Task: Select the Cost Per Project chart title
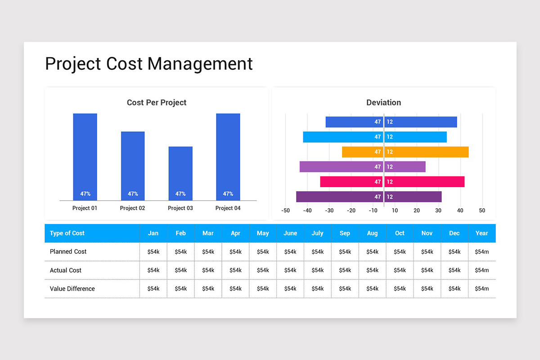tap(156, 103)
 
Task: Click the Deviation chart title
tap(383, 103)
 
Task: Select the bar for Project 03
tap(180, 173)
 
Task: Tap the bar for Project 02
tap(133, 166)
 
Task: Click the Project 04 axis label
tap(228, 208)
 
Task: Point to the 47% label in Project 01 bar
tap(85, 194)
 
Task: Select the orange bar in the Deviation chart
tap(405, 152)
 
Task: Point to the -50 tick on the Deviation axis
tap(285, 211)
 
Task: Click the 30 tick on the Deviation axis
tap(438, 211)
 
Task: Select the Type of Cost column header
tap(67, 233)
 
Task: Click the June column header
tap(290, 233)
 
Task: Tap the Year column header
tap(481, 233)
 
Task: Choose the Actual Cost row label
tap(66, 270)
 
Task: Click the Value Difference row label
tap(72, 289)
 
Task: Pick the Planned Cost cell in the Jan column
tap(153, 252)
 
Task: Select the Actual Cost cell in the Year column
tap(481, 270)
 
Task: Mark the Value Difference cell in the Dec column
tap(454, 289)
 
